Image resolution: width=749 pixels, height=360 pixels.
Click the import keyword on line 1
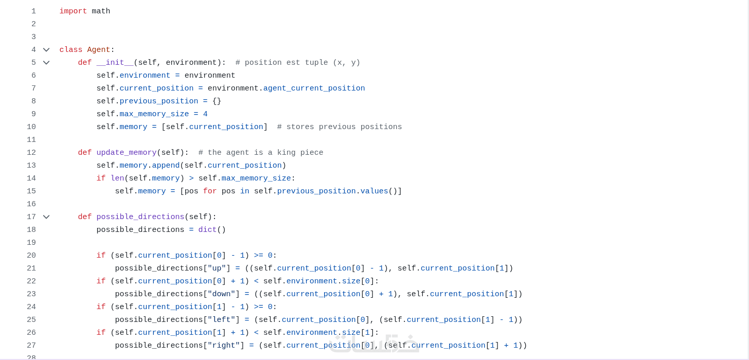(73, 11)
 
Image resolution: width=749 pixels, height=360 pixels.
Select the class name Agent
(98, 50)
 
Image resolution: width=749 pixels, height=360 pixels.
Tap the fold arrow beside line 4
(46, 50)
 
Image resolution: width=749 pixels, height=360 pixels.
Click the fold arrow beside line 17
(46, 217)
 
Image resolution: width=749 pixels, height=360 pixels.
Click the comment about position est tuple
(298, 63)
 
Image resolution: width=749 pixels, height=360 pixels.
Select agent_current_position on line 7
(314, 88)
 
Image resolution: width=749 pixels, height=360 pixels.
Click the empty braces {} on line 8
(217, 101)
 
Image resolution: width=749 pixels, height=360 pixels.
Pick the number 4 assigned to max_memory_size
(205, 114)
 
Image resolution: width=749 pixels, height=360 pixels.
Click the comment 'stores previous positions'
(340, 127)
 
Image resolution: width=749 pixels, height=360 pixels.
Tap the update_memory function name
(126, 153)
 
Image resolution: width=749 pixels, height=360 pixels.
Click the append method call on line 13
(166, 166)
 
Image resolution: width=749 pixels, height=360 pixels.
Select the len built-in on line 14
(117, 178)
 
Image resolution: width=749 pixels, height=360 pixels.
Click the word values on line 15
(374, 191)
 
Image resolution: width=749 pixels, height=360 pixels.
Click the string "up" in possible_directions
(217, 268)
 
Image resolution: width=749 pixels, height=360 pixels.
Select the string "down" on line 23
(221, 294)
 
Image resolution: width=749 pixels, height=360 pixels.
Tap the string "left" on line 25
(221, 320)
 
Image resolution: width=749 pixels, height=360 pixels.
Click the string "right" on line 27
(224, 346)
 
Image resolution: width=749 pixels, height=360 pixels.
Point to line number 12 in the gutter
(31, 153)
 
